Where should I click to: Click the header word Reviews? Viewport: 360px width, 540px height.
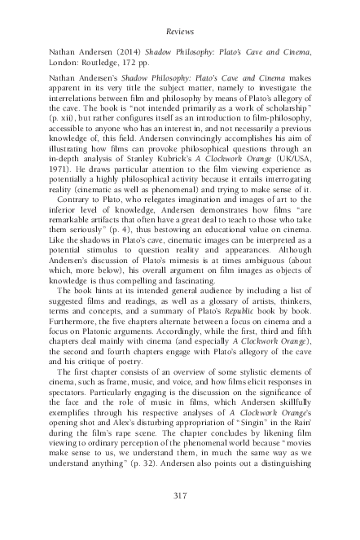coord(179,32)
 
